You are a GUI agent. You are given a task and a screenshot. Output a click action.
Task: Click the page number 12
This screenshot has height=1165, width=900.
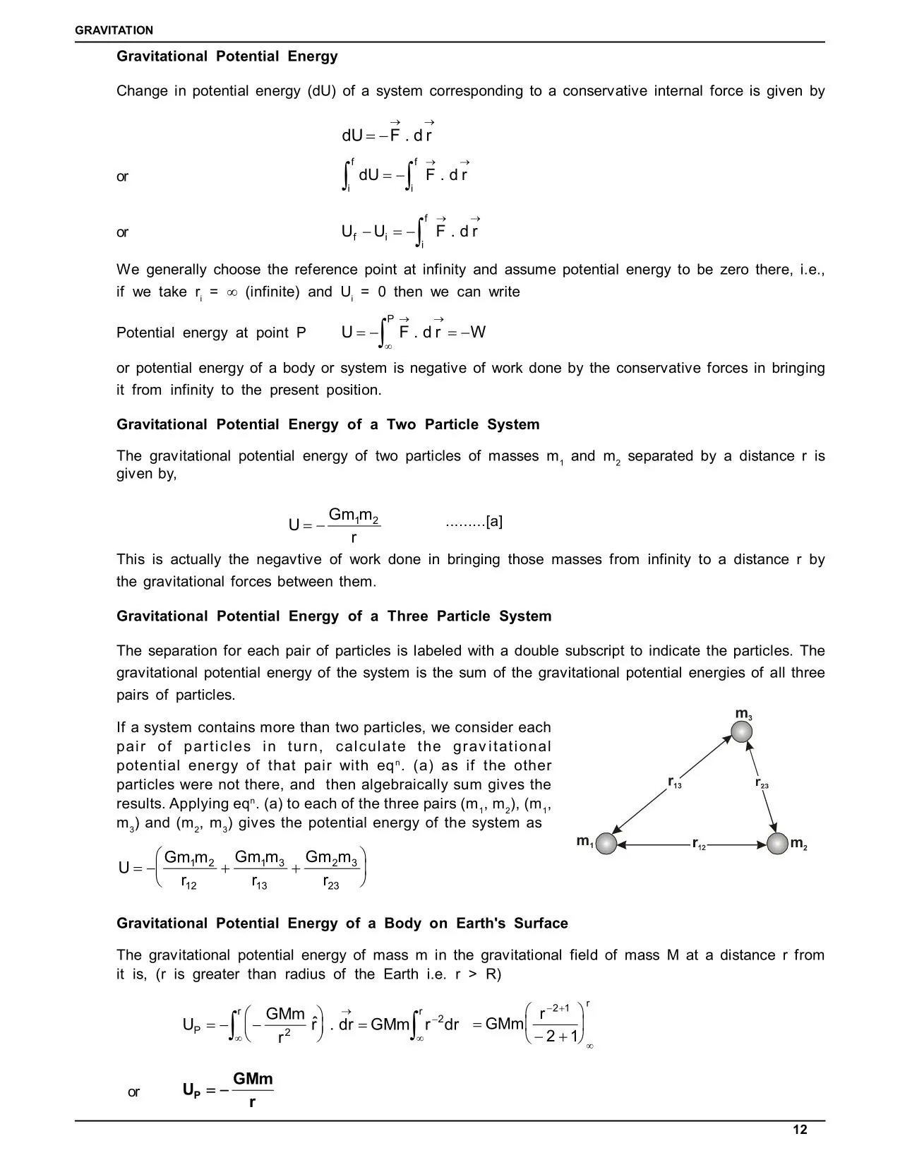click(799, 1130)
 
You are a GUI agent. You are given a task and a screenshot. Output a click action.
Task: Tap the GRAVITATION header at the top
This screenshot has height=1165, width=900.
click(114, 30)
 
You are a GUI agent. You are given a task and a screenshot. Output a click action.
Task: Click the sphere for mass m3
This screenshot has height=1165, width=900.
click(741, 731)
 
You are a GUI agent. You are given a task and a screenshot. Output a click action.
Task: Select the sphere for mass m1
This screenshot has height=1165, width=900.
click(606, 844)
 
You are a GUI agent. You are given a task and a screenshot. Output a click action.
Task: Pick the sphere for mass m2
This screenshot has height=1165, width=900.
click(777, 844)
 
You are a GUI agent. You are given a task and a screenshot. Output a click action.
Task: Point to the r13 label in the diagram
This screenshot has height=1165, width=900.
click(675, 782)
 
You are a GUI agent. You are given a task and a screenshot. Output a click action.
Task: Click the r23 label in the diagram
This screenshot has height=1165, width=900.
click(762, 782)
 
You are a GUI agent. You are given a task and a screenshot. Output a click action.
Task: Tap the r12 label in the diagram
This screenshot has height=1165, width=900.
click(698, 844)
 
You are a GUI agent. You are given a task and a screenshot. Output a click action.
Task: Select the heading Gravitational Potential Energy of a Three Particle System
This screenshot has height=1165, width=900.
click(334, 616)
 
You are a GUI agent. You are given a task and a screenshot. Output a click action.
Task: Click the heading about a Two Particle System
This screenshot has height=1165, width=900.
click(328, 424)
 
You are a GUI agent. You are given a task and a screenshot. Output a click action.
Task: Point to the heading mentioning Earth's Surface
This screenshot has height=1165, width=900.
click(342, 924)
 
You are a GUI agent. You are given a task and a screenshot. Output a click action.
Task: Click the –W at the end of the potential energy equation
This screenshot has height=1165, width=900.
click(474, 333)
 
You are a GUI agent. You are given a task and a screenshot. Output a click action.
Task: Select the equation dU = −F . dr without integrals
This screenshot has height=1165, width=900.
click(387, 134)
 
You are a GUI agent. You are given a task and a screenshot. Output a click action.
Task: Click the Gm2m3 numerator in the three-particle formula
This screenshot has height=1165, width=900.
click(331, 858)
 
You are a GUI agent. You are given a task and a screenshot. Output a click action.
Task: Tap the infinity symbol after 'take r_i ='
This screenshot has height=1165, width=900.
click(232, 292)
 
